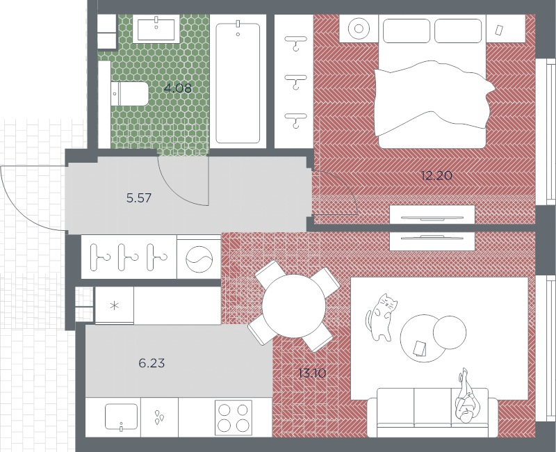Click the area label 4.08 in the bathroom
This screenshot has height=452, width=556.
click(x=178, y=88)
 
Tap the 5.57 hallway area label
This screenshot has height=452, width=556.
click(x=139, y=197)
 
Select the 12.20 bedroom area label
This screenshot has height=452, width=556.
click(x=437, y=175)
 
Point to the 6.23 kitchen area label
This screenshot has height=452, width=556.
click(x=152, y=363)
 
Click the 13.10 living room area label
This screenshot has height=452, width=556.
click(x=312, y=373)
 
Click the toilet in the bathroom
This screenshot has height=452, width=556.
click(x=129, y=94)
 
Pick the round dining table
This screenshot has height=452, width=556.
click(x=293, y=306)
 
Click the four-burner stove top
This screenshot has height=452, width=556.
click(x=234, y=418)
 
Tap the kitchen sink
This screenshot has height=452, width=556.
click(x=121, y=417)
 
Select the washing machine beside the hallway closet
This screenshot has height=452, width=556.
click(x=199, y=257)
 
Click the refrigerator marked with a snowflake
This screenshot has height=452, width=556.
click(x=115, y=305)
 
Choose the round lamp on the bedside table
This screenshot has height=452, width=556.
click(x=359, y=29)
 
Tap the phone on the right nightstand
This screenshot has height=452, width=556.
click(x=499, y=30)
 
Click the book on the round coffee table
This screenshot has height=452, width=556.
click(x=420, y=348)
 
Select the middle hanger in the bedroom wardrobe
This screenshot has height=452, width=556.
click(x=295, y=81)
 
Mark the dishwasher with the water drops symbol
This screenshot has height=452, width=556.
click(x=159, y=417)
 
